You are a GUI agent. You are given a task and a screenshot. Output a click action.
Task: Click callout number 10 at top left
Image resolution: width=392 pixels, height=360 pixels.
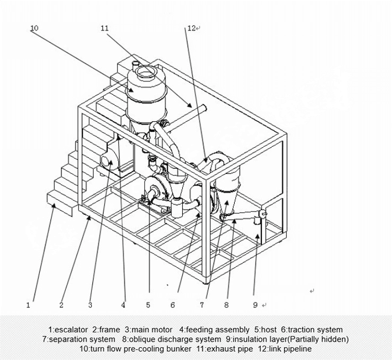coord(34,28)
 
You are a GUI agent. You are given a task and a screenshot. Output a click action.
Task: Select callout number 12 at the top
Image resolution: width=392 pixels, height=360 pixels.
coord(191,28)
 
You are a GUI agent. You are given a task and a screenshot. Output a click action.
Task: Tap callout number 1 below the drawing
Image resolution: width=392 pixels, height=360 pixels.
coord(28,305)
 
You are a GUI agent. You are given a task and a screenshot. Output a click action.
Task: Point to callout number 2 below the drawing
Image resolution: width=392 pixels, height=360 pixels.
coord(62,305)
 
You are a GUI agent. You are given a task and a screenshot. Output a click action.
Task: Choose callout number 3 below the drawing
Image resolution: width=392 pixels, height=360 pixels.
coord(90,305)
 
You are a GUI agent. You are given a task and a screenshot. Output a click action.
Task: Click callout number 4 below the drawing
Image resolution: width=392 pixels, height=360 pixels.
coord(123,305)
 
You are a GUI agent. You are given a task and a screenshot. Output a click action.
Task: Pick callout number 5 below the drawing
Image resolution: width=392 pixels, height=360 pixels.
coord(148,305)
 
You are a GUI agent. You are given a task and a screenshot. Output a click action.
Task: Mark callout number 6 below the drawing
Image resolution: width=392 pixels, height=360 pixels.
coord(173,305)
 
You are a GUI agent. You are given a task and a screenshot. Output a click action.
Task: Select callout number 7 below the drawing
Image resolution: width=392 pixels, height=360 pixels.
coord(202,305)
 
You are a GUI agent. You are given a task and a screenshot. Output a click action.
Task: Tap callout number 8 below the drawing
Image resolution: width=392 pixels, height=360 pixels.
coord(226,305)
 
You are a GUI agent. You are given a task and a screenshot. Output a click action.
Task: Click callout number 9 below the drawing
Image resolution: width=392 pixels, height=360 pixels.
coord(255,305)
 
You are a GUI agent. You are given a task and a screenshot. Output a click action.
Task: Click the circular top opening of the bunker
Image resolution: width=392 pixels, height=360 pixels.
coord(144,71)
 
